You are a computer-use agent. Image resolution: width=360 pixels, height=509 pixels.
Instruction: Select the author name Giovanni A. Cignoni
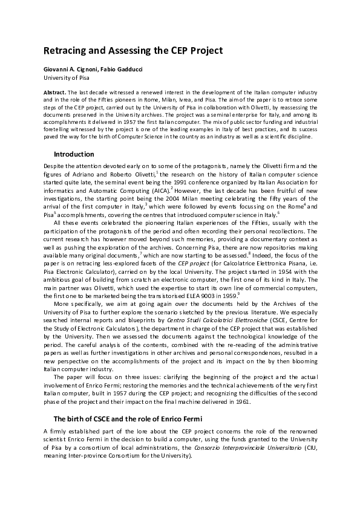coord(73,70)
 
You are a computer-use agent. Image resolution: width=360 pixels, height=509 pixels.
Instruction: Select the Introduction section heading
coord(74,154)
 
